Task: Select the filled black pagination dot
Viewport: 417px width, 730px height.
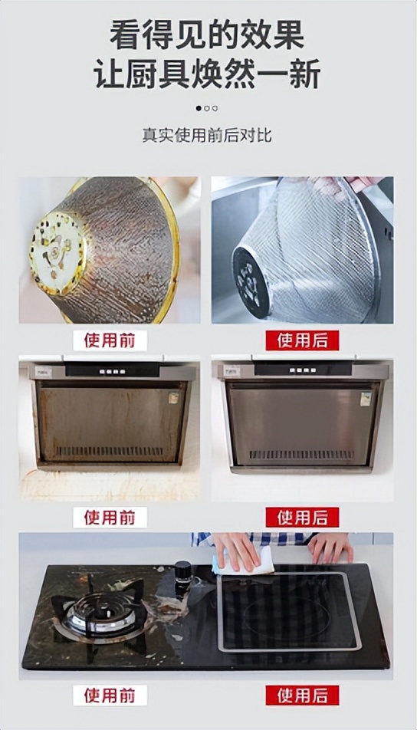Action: pos(199,108)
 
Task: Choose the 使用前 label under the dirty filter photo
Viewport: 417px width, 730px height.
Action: pos(110,340)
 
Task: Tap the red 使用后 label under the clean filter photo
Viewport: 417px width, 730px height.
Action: pos(302,340)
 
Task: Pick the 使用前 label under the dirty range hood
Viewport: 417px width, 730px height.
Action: pos(110,517)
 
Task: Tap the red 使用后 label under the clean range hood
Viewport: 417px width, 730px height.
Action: pos(302,517)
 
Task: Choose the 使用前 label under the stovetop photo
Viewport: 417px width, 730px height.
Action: pos(110,695)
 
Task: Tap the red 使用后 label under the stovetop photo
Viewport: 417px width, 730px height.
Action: pos(302,695)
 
